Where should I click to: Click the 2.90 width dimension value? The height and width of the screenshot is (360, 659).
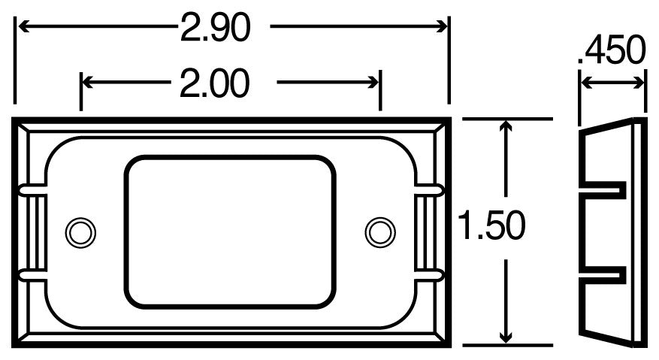point(214,28)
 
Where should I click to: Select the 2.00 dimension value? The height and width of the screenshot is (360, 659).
point(214,83)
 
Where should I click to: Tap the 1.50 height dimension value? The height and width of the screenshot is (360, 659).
point(491,226)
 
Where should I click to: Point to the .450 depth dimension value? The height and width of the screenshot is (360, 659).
point(612,52)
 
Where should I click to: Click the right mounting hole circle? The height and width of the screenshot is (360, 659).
point(379,231)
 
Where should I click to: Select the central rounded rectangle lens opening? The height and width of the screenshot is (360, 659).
point(229,231)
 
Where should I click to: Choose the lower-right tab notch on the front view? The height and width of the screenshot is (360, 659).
point(431,276)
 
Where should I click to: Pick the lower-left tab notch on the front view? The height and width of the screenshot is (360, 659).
point(30,276)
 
